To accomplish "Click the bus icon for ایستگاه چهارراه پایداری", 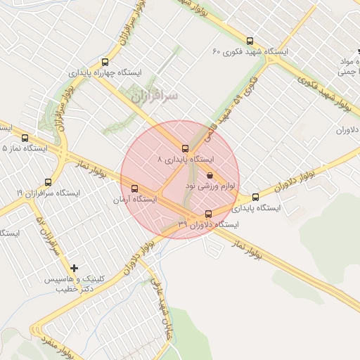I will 105,62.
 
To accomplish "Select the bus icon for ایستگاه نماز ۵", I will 25,138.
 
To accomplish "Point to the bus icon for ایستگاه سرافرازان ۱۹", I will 48,182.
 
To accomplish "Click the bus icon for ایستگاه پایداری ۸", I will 185,148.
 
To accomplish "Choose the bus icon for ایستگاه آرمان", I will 134,188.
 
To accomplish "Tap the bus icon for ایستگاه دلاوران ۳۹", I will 207,214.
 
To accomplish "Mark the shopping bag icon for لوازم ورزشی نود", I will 210,175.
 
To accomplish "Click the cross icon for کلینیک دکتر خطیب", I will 75,268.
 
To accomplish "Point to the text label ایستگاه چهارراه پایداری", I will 105,73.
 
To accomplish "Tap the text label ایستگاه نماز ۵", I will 25,149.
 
